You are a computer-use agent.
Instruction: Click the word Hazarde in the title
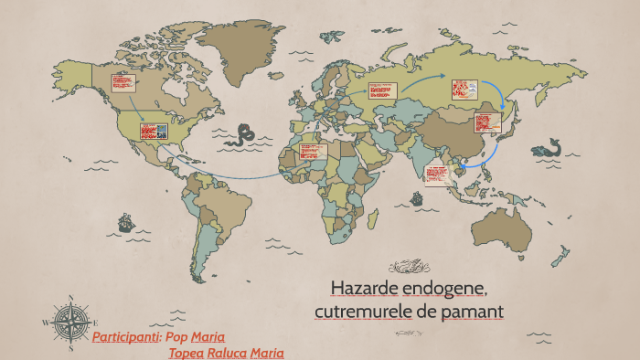(362, 290)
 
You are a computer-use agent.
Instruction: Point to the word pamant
(469, 312)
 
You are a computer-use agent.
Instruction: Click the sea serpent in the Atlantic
(243, 137)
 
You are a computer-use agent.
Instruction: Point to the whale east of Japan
(549, 147)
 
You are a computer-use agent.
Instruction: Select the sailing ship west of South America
(123, 222)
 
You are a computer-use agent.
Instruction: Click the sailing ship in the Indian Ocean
(418, 197)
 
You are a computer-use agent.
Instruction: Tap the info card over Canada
(123, 83)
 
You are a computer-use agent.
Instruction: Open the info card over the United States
(152, 131)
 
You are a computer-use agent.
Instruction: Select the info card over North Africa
(313, 153)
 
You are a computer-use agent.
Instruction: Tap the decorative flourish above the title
(409, 267)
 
